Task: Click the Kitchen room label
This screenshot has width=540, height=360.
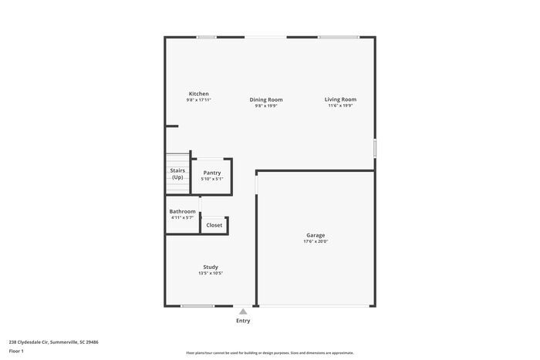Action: point(198,94)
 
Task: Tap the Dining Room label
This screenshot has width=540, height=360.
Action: point(265,99)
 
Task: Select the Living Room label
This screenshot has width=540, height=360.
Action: point(340,99)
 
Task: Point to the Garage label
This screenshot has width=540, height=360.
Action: point(316,235)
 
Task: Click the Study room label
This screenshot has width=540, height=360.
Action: point(211,267)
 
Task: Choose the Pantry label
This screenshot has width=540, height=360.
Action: point(211,173)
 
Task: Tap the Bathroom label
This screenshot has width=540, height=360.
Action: point(183,211)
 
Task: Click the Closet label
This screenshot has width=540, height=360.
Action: point(214,225)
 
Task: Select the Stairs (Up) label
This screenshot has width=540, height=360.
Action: point(177,173)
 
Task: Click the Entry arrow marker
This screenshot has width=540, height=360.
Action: point(243,311)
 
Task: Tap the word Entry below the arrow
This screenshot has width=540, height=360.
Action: point(243,321)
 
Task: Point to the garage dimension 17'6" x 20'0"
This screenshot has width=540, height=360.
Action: point(316,242)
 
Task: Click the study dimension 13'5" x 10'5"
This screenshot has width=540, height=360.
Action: point(211,273)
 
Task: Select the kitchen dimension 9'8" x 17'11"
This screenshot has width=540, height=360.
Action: point(198,100)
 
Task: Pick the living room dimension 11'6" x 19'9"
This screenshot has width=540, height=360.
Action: point(340,106)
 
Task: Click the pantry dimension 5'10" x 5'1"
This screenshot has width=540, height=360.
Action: point(211,179)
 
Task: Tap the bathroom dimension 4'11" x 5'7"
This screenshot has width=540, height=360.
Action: point(183,217)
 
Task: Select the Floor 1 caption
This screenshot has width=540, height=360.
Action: point(16,352)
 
